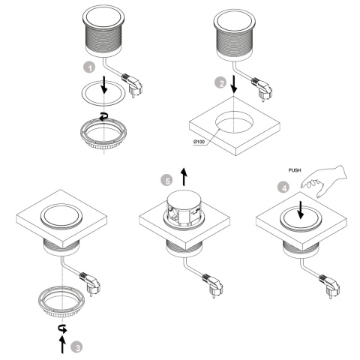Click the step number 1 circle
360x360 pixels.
tap(89, 67)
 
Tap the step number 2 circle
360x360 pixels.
tap(221, 82)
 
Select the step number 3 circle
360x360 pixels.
tap(76, 347)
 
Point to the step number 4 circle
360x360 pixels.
tap(283, 187)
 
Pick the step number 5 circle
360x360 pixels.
tap(166, 180)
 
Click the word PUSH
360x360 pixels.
tap(295, 170)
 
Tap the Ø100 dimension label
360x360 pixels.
tap(199, 142)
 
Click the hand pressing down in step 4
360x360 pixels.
tap(325, 181)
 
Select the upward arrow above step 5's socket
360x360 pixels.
tap(184, 177)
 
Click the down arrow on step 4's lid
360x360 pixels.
tap(301, 210)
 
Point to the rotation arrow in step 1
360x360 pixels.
tap(103, 116)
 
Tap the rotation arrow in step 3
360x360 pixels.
tap(62, 328)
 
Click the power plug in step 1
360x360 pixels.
tap(132, 84)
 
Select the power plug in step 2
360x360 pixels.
tap(262, 88)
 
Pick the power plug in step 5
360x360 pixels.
tap(213, 285)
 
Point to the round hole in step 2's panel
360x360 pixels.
tap(234, 123)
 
